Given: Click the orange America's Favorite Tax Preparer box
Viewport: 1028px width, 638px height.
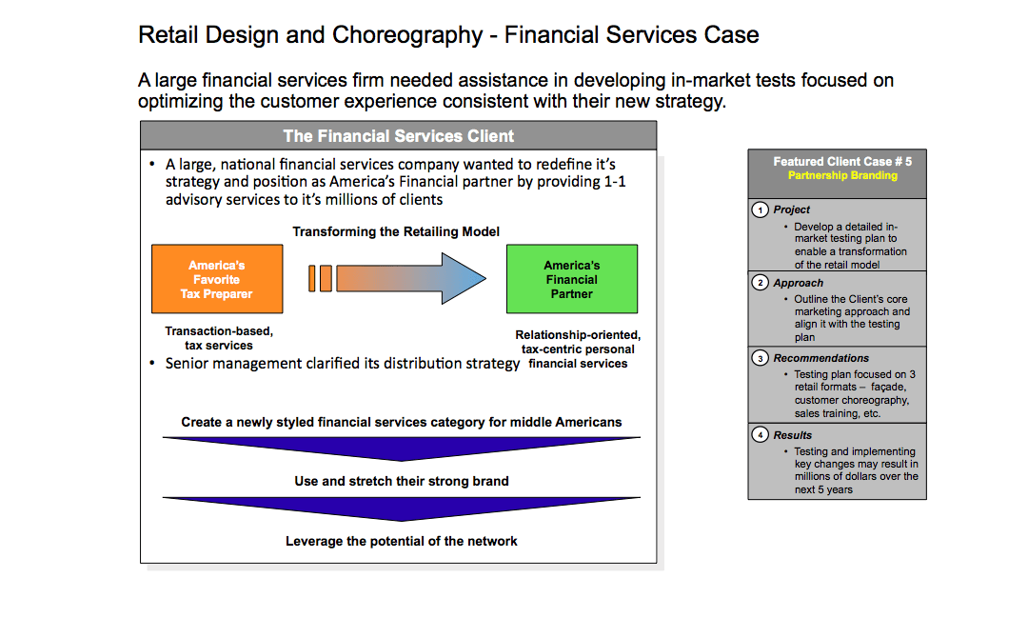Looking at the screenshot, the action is [217, 279].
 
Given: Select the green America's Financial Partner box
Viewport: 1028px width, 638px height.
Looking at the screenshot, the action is [572, 279].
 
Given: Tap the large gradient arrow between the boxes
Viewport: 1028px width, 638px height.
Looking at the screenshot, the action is [411, 278].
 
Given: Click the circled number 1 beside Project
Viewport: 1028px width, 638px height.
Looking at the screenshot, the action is [760, 209].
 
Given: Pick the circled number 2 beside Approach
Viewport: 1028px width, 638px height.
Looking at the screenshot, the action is [760, 283].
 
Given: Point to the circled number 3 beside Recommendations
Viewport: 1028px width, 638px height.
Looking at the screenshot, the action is [760, 358].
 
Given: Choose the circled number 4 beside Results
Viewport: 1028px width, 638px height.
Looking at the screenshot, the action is [760, 435].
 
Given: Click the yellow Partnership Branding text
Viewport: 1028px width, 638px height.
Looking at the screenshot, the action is [842, 175].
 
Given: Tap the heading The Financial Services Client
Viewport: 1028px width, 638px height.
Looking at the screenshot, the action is [399, 136].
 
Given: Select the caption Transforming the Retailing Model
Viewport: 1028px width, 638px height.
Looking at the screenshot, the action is [396, 231].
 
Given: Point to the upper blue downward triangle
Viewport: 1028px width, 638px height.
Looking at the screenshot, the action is [402, 449].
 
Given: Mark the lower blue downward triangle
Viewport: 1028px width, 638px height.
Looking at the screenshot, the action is [402, 508].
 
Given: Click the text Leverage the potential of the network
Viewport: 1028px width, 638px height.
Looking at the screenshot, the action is [402, 541].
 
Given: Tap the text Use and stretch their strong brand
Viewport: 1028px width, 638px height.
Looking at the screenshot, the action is [402, 481].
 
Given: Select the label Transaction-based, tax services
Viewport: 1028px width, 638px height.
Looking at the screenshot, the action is [219, 338].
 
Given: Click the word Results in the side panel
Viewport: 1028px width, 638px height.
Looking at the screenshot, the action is [793, 435].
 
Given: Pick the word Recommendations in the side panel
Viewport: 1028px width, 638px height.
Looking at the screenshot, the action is [820, 358].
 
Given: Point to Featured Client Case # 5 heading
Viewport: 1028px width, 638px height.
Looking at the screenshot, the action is [842, 161].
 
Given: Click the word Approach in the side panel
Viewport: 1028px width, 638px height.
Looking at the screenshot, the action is [798, 283].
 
